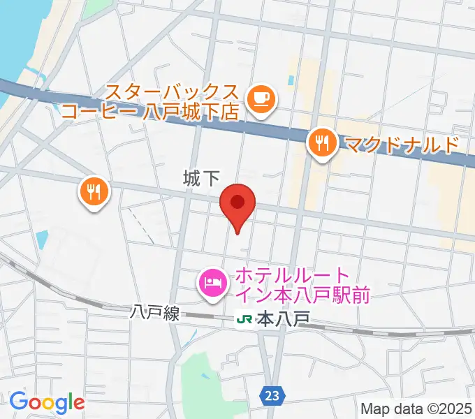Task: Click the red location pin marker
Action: [237, 205]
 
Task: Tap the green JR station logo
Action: [244, 319]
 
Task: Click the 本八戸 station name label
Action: [283, 319]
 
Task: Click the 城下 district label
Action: [201, 179]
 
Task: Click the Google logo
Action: [47, 402]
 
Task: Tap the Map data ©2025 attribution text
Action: [416, 409]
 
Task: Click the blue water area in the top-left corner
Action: [21, 35]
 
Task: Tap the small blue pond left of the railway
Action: [43, 241]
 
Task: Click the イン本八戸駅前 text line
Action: [302, 295]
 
